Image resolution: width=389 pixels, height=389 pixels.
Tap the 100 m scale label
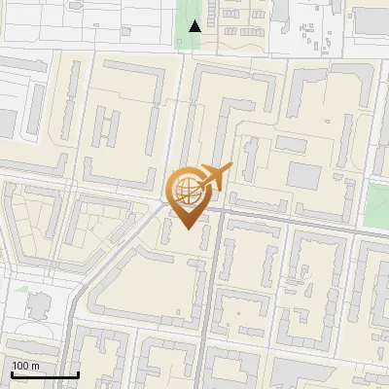click(x=26, y=365)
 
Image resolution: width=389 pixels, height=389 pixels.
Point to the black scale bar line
click(x=45, y=374)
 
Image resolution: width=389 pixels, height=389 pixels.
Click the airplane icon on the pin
click(x=213, y=177)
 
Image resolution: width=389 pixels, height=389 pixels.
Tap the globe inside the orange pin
click(x=187, y=190)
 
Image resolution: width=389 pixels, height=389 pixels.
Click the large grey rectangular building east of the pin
click(x=304, y=176)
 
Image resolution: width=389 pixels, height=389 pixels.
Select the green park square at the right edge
click(x=376, y=204)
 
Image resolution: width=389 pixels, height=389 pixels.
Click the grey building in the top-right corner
click(x=371, y=19)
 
